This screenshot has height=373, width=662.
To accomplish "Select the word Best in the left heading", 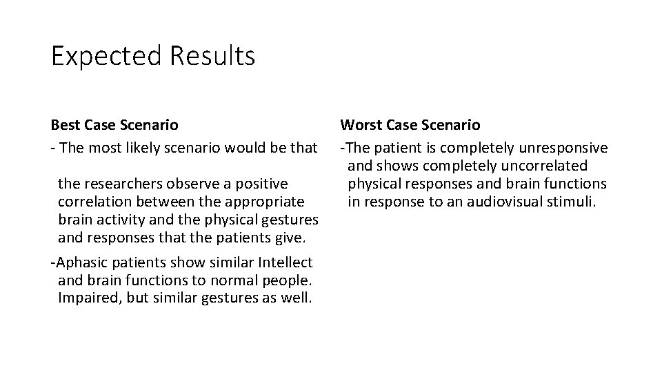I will (66, 125).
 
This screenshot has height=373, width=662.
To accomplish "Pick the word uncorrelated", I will (539, 166).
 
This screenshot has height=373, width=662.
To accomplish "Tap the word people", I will (292, 280).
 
